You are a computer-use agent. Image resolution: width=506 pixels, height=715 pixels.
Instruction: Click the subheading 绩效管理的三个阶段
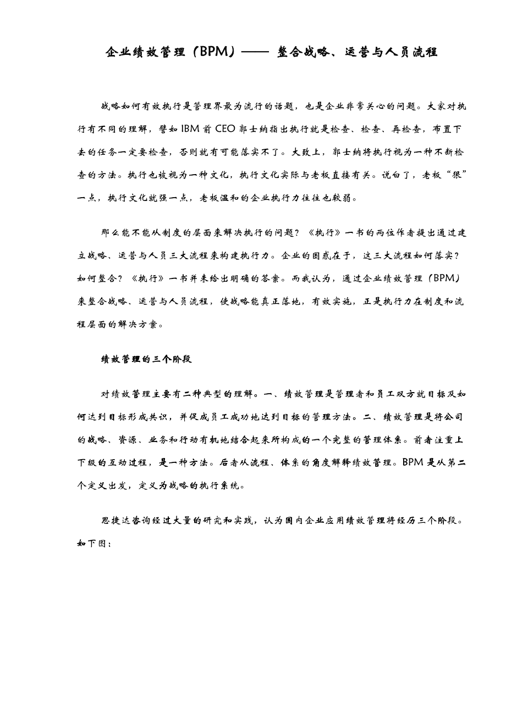coord(146,359)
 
